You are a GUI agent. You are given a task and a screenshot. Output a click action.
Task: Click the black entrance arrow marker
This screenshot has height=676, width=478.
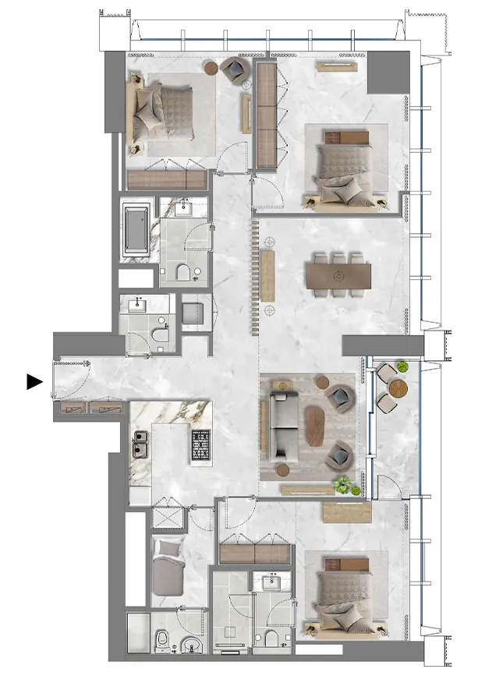pyautogui.click(x=34, y=381)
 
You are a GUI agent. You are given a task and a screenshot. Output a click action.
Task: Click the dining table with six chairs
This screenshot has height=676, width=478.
pyautogui.click(x=338, y=275)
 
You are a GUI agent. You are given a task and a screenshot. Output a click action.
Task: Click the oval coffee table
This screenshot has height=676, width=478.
pyautogui.click(x=314, y=426)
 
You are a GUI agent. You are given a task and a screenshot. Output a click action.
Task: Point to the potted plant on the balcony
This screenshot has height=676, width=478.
pyautogui.click(x=402, y=366)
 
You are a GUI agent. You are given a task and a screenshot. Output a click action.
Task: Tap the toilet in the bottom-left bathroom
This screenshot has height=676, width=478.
pyautogui.click(x=162, y=640)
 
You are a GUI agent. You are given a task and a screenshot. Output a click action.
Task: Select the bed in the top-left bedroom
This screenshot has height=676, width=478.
pyautogui.click(x=164, y=113)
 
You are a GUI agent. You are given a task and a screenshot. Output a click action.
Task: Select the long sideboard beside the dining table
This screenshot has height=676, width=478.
pyautogui.click(x=267, y=277)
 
